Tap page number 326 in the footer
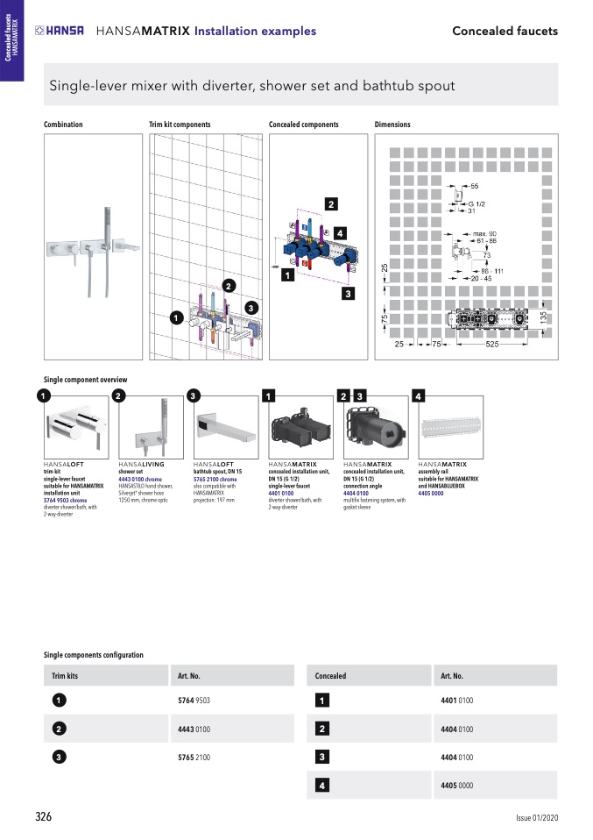[43, 816]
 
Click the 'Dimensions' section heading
[392, 125]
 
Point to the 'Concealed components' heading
[303, 125]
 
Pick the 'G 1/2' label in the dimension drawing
[476, 203]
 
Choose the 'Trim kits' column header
[66, 676]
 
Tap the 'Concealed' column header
[330, 676]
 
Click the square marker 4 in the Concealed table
[322, 786]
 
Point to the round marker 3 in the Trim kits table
[58, 757]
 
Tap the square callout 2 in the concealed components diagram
[331, 204]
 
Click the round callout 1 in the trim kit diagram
[175, 317]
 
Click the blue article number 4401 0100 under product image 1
[281, 493]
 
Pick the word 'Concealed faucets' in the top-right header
[505, 31]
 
